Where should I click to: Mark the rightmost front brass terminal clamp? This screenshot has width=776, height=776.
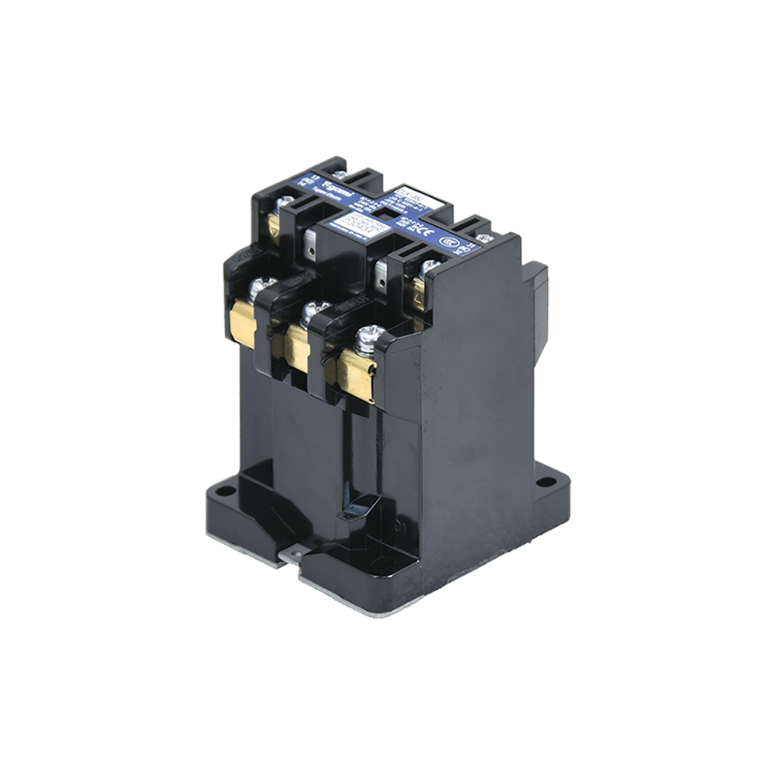[355, 371]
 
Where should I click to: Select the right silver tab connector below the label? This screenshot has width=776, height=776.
[382, 272]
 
